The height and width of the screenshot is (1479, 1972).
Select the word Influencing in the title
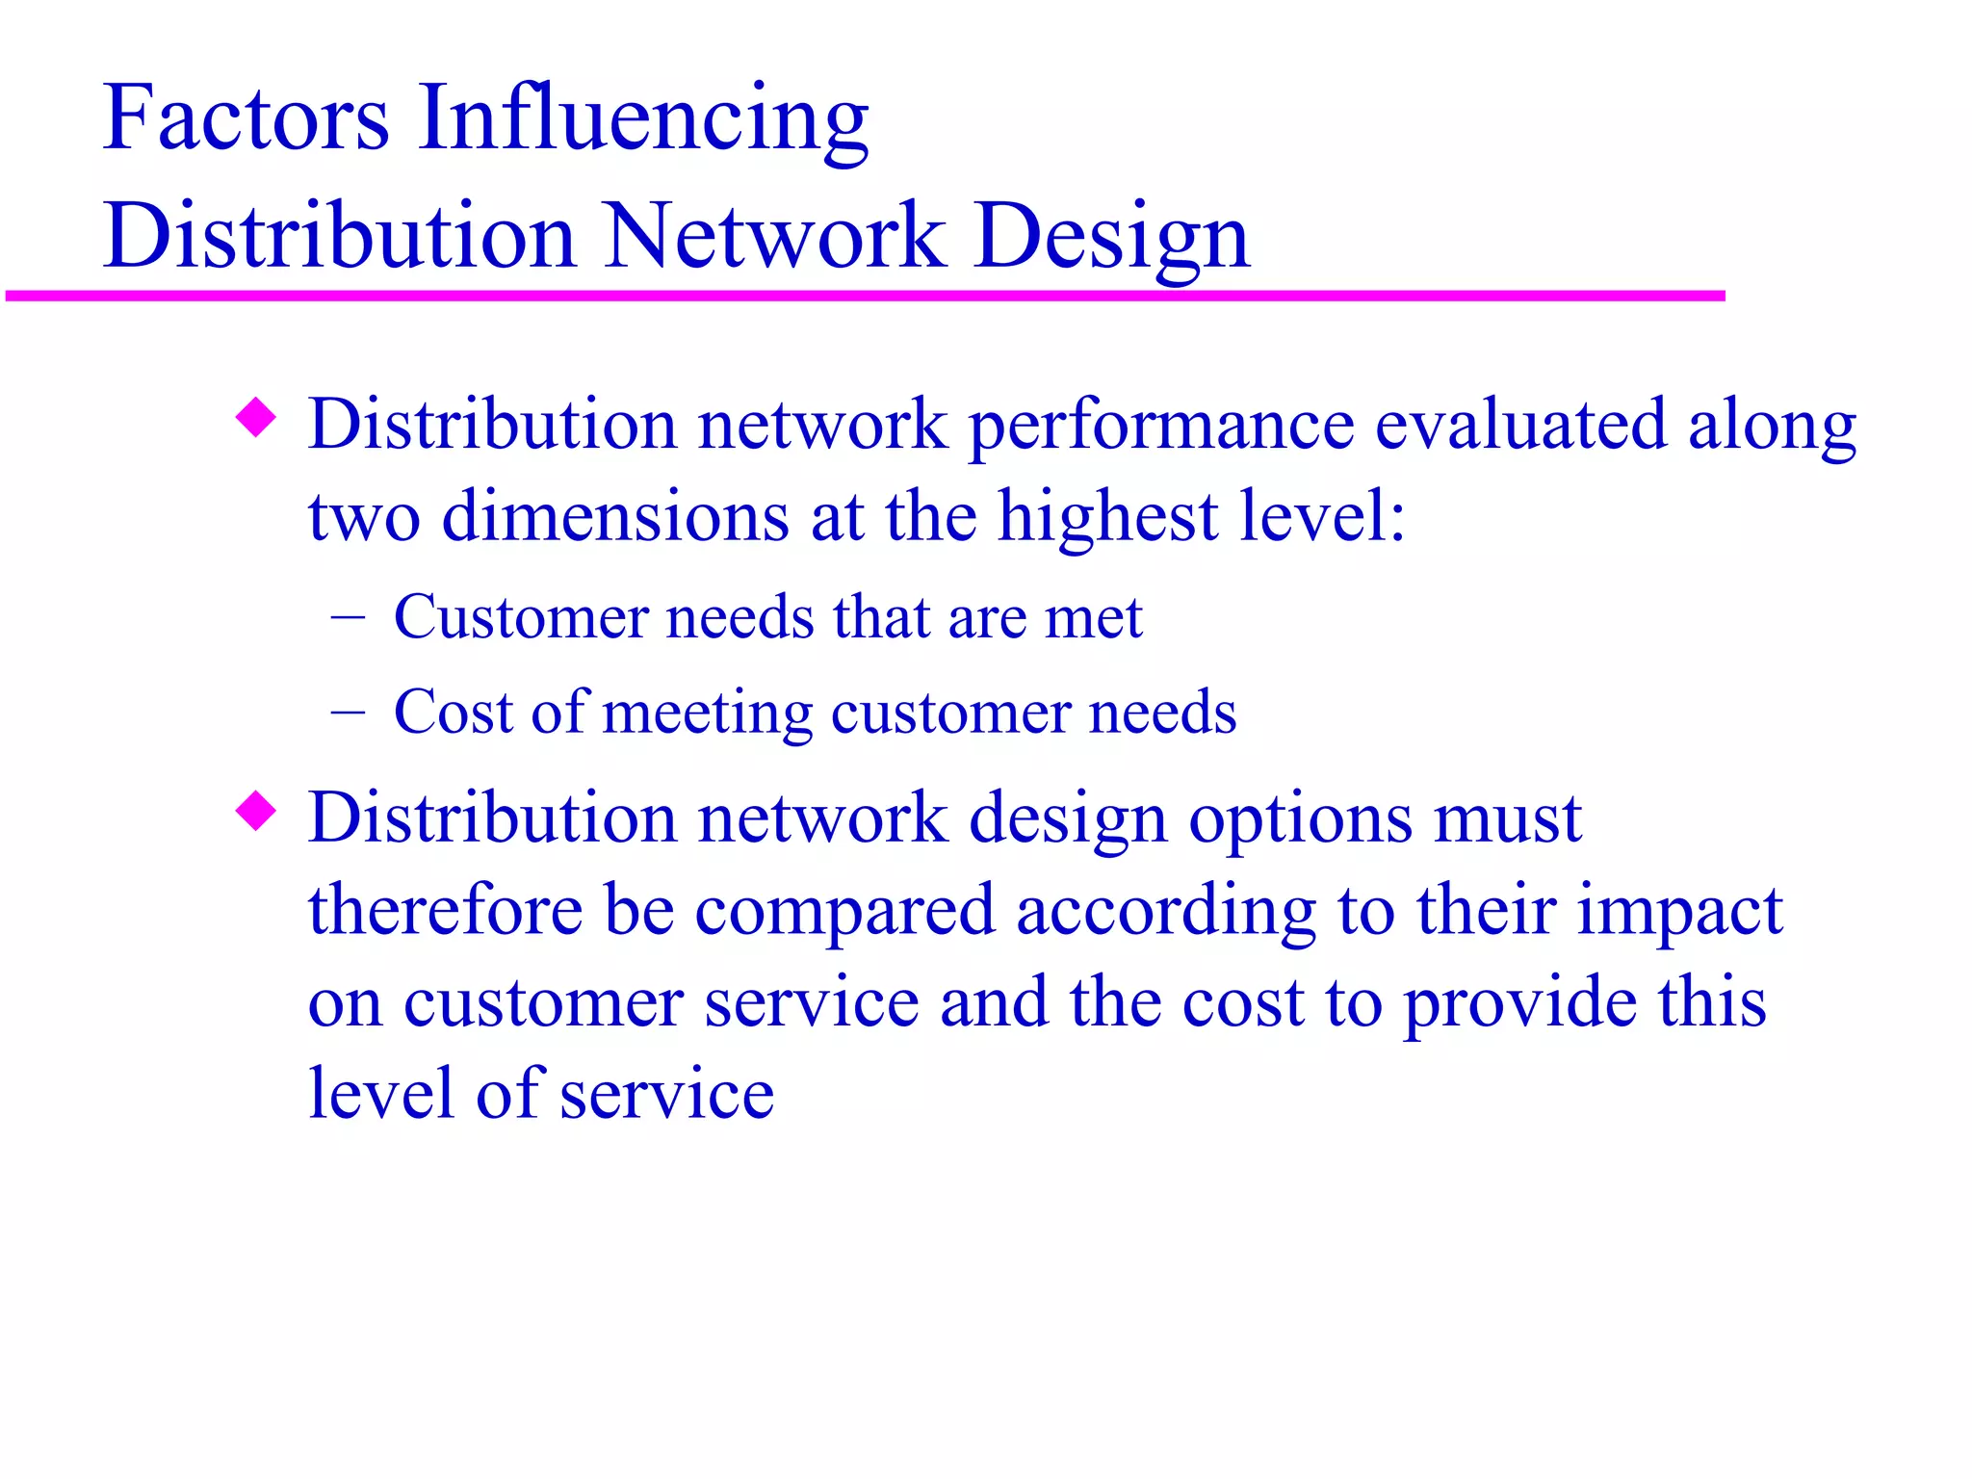[x=642, y=119]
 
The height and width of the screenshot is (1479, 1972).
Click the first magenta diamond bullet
[x=256, y=418]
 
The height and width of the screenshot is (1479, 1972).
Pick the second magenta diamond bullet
[x=256, y=811]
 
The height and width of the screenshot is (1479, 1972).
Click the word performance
[x=1160, y=426]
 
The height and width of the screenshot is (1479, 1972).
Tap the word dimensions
[x=615, y=517]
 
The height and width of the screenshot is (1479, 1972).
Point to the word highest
[x=1107, y=517]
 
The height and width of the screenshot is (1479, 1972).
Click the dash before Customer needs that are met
[x=348, y=617]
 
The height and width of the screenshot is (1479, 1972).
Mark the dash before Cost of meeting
[x=348, y=713]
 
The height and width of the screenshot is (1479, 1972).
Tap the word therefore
[x=445, y=909]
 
